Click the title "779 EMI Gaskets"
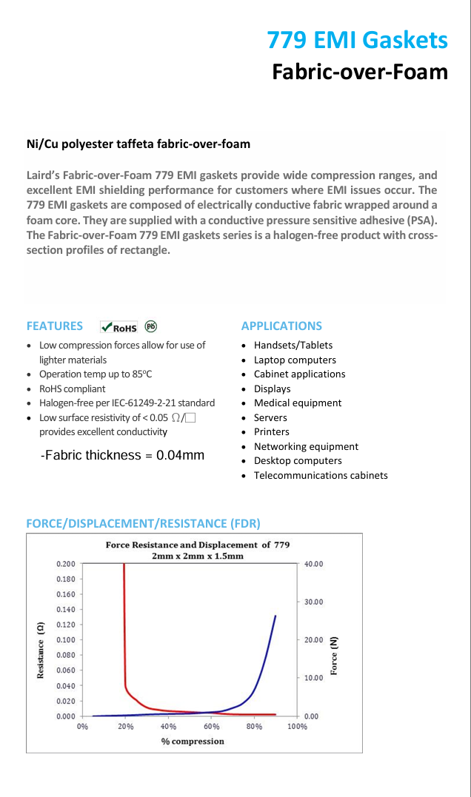tap(357, 40)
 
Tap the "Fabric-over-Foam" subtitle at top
tap(360, 72)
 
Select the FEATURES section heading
tap(55, 326)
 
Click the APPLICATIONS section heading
tap(281, 326)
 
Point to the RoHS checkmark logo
tap(119, 326)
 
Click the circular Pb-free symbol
tap(151, 326)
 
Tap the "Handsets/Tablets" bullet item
tap(293, 345)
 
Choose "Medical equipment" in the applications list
tap(297, 403)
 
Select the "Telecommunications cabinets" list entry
tap(320, 475)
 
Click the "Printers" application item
tap(271, 431)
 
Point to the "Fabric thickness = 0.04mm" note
tap(123, 455)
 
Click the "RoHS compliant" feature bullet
tap(72, 389)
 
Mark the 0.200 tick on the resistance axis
tap(65, 564)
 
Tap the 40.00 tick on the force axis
tap(313, 564)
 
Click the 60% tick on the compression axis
tap(212, 727)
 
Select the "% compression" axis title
tap(193, 741)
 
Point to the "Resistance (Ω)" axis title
tap(41, 650)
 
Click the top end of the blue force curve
tap(275, 616)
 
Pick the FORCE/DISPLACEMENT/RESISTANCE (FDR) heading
tap(143, 523)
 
